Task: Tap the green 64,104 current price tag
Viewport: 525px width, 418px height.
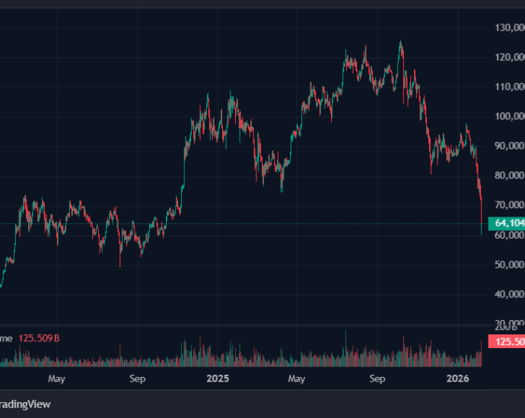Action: coord(507,223)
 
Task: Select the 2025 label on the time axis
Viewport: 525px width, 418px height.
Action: coord(218,378)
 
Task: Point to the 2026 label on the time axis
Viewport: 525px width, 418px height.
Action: coord(457,378)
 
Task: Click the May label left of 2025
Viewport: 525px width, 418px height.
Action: coord(57,378)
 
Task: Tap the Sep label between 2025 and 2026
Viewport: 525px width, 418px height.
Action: coord(377,378)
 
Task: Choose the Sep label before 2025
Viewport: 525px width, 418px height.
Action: coord(137,378)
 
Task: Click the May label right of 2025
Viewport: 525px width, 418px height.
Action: coord(297,378)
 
